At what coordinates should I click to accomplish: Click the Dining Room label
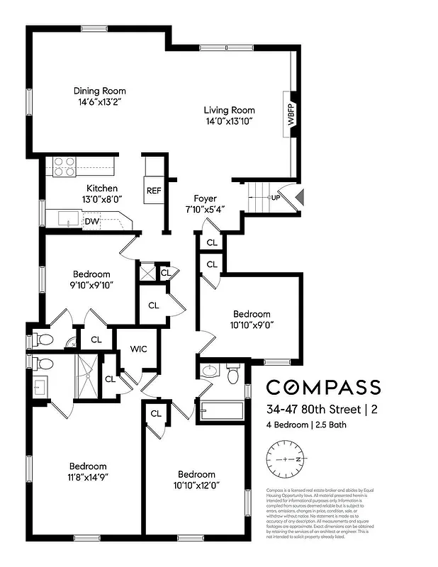coord(100,91)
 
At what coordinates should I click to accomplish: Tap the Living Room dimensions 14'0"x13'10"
coord(229,122)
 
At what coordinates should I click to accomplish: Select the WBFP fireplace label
coord(291,114)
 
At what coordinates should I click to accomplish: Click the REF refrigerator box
coord(154,191)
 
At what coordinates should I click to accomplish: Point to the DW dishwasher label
coord(91,221)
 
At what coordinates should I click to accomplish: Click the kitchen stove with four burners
coord(64,167)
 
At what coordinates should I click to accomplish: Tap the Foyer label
coord(206,198)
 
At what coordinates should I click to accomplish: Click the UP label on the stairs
coord(274,197)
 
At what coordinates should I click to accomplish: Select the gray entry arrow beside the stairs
coord(300,196)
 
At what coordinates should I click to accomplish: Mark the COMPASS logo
coord(323,387)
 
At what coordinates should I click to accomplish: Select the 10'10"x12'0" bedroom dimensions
coord(196,485)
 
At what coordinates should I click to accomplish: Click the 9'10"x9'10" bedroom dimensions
coord(91,285)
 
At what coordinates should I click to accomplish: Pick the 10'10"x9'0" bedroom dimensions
coord(252,325)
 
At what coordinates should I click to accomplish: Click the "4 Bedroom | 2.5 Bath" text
coord(308,425)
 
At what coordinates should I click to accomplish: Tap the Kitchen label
coord(102,189)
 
